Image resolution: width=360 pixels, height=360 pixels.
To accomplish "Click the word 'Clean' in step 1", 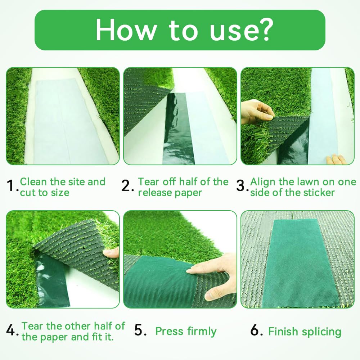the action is [33, 181].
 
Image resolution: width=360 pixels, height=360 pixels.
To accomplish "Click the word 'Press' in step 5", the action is [170, 331].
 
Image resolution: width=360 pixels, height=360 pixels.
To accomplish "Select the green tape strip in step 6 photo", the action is [301, 262].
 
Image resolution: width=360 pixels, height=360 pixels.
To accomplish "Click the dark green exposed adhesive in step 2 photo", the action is [177, 128].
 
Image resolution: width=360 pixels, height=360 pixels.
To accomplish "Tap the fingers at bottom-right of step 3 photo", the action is [336, 159].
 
